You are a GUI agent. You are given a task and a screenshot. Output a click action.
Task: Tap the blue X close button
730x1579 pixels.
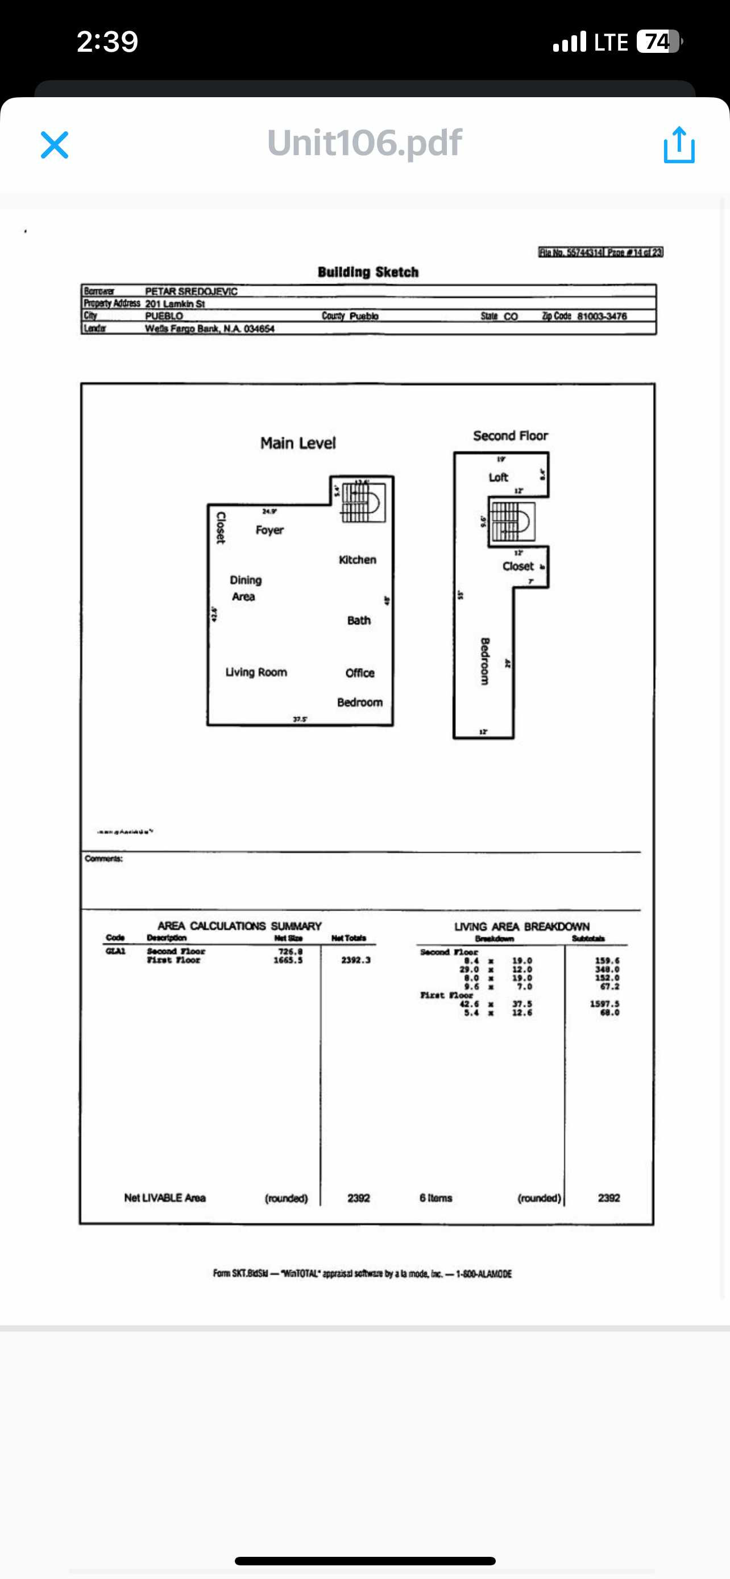[55, 145]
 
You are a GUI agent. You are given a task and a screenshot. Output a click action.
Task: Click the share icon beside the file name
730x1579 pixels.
[679, 145]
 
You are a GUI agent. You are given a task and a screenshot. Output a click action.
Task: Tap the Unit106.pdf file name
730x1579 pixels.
[364, 143]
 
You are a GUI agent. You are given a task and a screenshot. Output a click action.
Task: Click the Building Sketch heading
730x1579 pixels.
[368, 272]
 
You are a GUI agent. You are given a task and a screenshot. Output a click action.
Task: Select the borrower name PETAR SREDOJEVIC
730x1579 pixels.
[190, 291]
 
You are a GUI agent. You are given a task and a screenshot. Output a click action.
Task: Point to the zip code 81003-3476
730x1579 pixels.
[602, 316]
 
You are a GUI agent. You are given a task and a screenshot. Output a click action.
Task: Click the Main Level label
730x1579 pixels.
[298, 443]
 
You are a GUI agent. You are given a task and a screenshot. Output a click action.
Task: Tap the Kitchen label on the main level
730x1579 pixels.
[358, 560]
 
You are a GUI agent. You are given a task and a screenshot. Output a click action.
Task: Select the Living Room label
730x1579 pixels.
[256, 672]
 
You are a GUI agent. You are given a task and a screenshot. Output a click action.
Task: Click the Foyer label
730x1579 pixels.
[269, 530]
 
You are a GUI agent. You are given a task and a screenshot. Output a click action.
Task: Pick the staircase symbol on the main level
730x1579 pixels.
[363, 502]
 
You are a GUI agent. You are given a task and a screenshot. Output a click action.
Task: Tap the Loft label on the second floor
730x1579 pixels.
[498, 477]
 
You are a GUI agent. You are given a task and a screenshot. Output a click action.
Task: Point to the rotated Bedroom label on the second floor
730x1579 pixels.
[485, 661]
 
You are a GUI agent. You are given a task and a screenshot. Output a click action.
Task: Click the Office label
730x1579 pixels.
[360, 673]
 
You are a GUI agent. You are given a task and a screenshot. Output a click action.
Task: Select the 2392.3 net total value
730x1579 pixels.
[355, 960]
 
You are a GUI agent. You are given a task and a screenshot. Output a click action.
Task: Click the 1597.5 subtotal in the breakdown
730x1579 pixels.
[604, 1004]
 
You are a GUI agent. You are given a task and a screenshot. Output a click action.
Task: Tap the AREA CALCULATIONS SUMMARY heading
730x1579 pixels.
[240, 925]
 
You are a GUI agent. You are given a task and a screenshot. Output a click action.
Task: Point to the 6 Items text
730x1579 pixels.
[436, 1198]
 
